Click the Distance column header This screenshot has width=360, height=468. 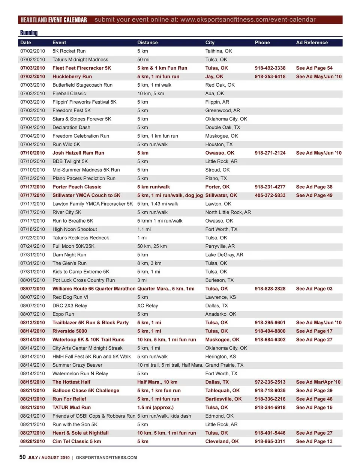pyautogui.click(x=147, y=43)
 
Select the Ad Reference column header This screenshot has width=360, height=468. pyautogui.click(x=312, y=43)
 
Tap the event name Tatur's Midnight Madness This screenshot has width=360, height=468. pyautogui.click(x=80, y=60)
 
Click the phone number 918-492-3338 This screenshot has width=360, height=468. pyautogui.click(x=270, y=68)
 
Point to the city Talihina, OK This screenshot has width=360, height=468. pyautogui.click(x=218, y=51)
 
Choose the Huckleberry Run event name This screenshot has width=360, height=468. pyautogui.click(x=72, y=77)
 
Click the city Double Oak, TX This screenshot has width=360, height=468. pyautogui.click(x=223, y=128)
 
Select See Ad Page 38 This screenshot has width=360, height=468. pyautogui.click(x=314, y=187)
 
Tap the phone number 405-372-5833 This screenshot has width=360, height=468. pyautogui.click(x=270, y=196)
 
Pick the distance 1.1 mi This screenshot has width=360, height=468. pyautogui.click(x=144, y=229)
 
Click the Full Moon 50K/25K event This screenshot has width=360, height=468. pyautogui.click(x=73, y=246)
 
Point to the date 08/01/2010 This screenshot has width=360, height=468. pyautogui.click(x=33, y=280)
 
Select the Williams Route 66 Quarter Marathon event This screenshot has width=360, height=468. pyautogui.click(x=94, y=289)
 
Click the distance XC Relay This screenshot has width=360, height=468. pyautogui.click(x=147, y=306)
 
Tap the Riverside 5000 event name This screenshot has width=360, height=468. pyautogui.click(x=70, y=331)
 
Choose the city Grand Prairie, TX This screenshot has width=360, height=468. pyautogui.click(x=224, y=365)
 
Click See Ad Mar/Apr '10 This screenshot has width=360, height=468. pyautogui.click(x=318, y=382)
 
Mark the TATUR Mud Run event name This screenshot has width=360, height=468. pyautogui.click(x=72, y=408)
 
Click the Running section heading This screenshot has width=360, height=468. pyautogui.click(x=29, y=33)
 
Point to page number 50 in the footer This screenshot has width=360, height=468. pyautogui.click(x=22, y=457)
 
